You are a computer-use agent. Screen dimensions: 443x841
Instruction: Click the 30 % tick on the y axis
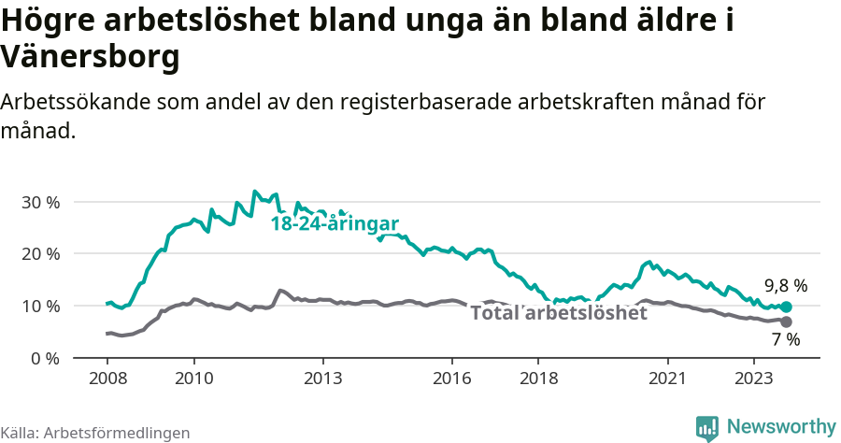40,202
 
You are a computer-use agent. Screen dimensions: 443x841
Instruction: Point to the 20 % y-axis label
40,254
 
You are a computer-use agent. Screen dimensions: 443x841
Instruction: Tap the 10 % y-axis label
40,307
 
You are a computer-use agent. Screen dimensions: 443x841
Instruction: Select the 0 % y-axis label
45,359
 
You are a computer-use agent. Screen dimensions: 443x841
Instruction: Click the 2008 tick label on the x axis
107,379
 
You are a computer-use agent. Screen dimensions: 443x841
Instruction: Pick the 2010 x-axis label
193,379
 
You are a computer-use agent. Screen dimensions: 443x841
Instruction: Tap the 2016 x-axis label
452,379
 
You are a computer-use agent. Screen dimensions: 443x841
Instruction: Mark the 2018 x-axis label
539,379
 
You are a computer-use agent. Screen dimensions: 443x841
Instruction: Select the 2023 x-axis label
755,379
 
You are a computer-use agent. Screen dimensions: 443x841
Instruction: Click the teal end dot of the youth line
786,307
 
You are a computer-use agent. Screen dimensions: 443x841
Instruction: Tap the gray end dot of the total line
786,322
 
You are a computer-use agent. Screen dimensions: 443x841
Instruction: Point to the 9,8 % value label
786,286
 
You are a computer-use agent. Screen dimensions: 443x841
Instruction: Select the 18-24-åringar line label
335,224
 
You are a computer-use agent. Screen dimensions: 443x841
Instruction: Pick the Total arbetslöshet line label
558,313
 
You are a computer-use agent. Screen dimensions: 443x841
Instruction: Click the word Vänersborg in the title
90,58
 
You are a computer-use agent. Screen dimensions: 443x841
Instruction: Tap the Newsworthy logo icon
707,428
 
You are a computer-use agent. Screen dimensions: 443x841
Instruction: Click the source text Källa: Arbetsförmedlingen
95,433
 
